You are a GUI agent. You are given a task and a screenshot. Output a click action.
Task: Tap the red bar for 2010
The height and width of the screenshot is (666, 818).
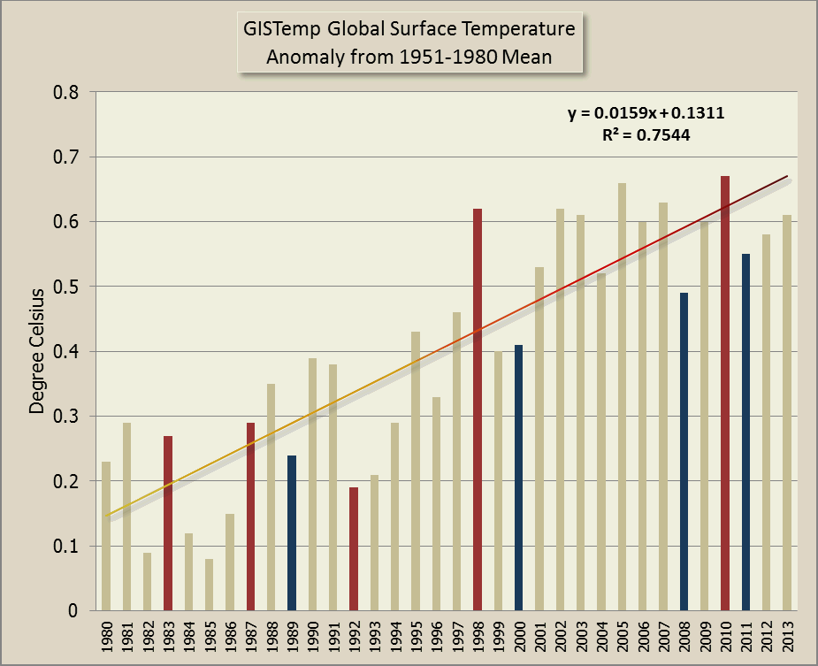[x=725, y=394]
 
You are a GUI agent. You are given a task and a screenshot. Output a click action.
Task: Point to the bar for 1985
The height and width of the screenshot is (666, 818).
[x=209, y=585]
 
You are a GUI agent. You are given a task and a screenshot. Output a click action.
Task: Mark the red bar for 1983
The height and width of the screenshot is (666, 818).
[x=168, y=523]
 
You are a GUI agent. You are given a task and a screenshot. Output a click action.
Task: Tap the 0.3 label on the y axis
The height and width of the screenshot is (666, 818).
[x=67, y=417]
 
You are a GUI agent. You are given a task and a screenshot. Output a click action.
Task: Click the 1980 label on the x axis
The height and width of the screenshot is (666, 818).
[x=106, y=638]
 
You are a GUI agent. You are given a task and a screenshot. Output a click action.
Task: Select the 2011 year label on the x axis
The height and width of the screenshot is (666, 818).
[x=746, y=638]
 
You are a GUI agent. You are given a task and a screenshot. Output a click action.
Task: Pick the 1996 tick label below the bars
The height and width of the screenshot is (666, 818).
[x=437, y=638]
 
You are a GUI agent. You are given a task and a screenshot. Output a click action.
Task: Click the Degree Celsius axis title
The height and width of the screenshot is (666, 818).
[x=37, y=351]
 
